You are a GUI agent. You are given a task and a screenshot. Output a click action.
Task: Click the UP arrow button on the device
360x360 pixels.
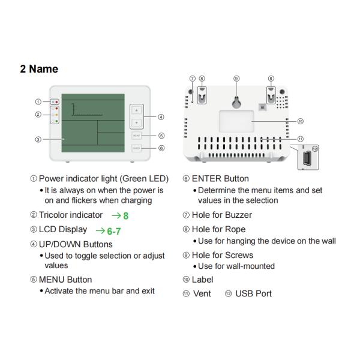137,110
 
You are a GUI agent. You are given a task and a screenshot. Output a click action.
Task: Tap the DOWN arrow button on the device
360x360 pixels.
137,123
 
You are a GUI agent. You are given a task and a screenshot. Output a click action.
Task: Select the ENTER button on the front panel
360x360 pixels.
136,148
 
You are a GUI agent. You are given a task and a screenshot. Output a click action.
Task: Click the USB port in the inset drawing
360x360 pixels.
307,158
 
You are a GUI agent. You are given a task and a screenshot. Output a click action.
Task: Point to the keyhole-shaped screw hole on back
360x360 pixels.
236,102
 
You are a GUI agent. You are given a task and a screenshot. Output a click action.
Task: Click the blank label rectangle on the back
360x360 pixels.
236,121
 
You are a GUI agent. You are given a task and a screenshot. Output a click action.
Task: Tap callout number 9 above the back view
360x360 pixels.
236,79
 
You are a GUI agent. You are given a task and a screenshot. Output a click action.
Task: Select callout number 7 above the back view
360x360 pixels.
193,79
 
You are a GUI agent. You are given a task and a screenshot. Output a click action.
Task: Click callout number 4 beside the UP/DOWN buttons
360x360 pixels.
161,117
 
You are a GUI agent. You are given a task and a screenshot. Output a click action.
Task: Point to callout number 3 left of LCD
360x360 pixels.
38,139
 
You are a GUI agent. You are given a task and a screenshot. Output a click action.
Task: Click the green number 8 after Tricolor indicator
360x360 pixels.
126,216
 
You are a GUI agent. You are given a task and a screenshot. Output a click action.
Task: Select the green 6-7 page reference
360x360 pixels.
114,231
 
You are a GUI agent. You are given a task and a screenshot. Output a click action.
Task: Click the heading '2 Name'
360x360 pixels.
39,69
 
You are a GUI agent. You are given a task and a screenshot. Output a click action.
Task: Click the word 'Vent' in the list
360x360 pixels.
202,293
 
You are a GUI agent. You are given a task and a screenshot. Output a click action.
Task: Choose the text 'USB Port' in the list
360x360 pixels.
253,293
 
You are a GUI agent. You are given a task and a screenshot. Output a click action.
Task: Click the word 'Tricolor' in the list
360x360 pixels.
54,215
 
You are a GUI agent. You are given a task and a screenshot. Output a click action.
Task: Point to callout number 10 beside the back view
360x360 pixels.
301,121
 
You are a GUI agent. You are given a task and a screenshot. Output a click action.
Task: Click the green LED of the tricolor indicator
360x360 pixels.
56,121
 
